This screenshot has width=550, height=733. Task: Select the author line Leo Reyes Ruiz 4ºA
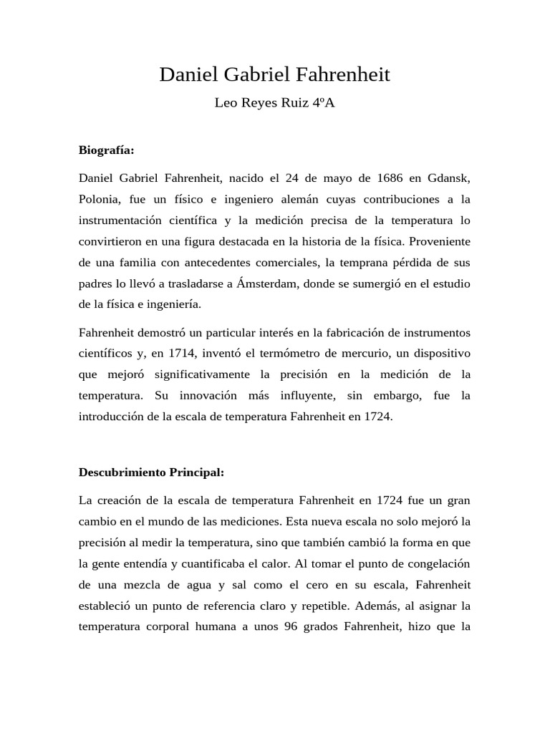(x=275, y=103)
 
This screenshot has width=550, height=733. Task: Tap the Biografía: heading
(x=107, y=150)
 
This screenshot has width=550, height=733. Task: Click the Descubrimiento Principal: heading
(x=151, y=472)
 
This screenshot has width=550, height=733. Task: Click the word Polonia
(x=100, y=198)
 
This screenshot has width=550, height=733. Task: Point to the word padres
(x=96, y=283)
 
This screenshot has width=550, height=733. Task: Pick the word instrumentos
(x=437, y=332)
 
